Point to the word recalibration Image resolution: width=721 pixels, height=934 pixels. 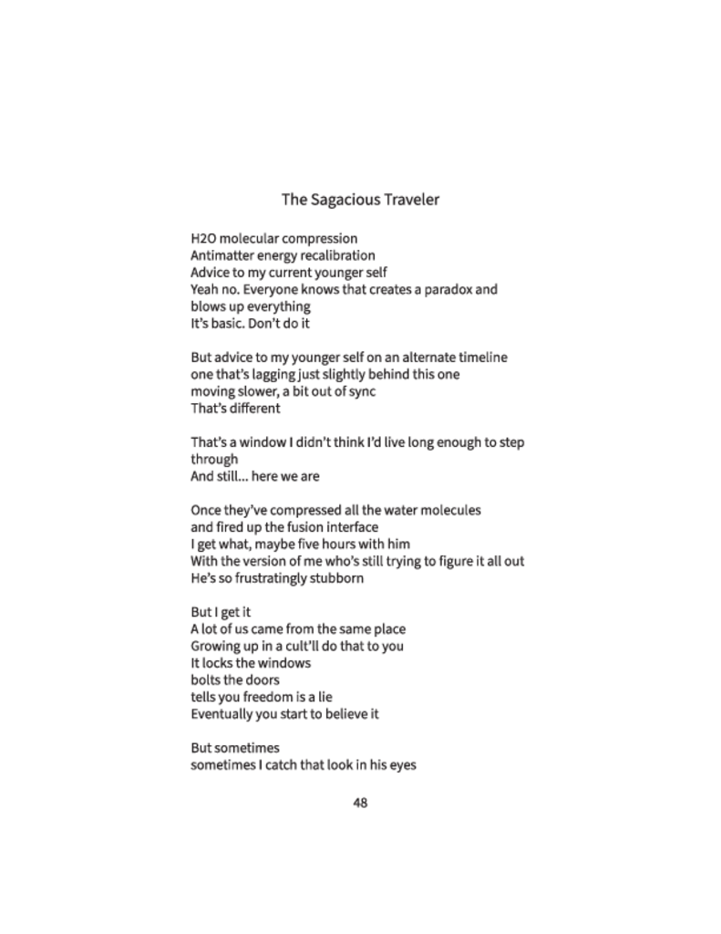(331, 255)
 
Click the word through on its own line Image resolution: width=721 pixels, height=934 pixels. (214, 459)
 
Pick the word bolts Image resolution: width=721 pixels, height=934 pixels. (208, 680)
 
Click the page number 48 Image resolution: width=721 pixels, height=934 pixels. (360, 804)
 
